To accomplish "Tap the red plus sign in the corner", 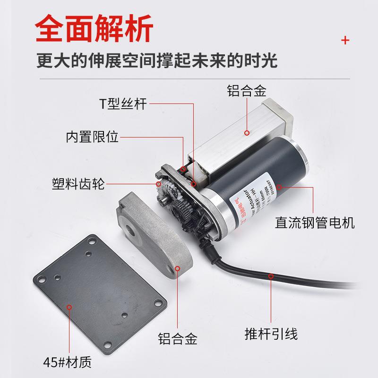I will pos(345,40).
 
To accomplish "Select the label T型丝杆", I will pos(122,103).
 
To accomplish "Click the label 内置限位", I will pos(93,138).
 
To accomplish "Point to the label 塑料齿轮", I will pos(78,183).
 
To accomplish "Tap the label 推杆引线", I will pos(271,335).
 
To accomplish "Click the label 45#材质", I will pos(67,362).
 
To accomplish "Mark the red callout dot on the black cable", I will pos(270,276).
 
